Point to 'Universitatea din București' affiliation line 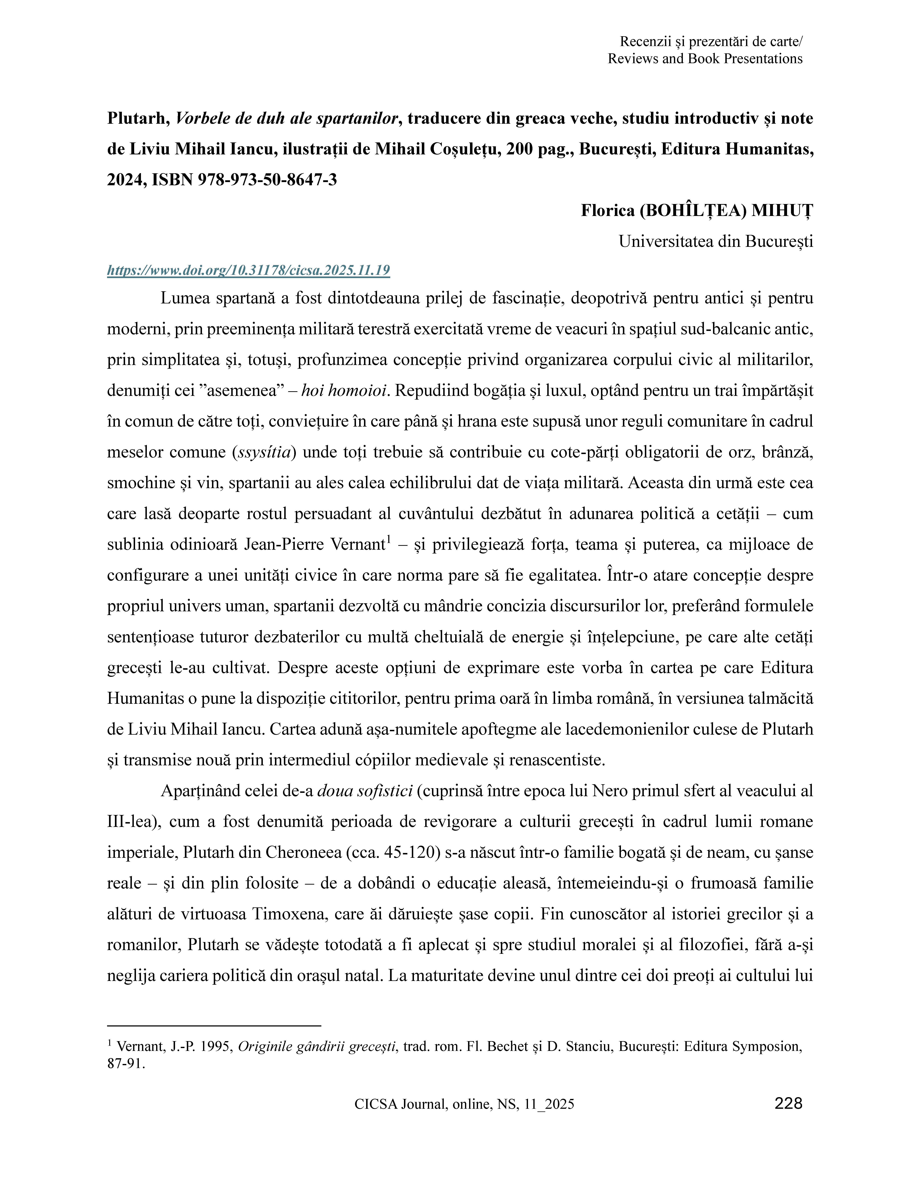pyautogui.click(x=715, y=241)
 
